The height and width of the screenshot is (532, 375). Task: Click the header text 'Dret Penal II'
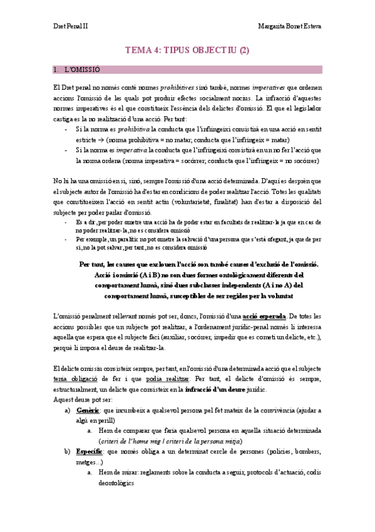[x=70, y=27]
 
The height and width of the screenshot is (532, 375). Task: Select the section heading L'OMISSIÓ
[x=86, y=69]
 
